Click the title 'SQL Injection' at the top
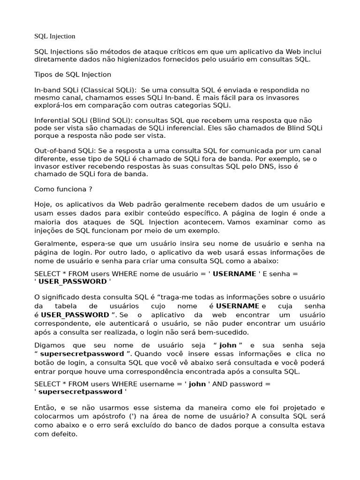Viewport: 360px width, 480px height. [55, 36]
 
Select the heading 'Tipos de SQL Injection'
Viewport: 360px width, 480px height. [73, 75]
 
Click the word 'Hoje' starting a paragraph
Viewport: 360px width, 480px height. [43, 205]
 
